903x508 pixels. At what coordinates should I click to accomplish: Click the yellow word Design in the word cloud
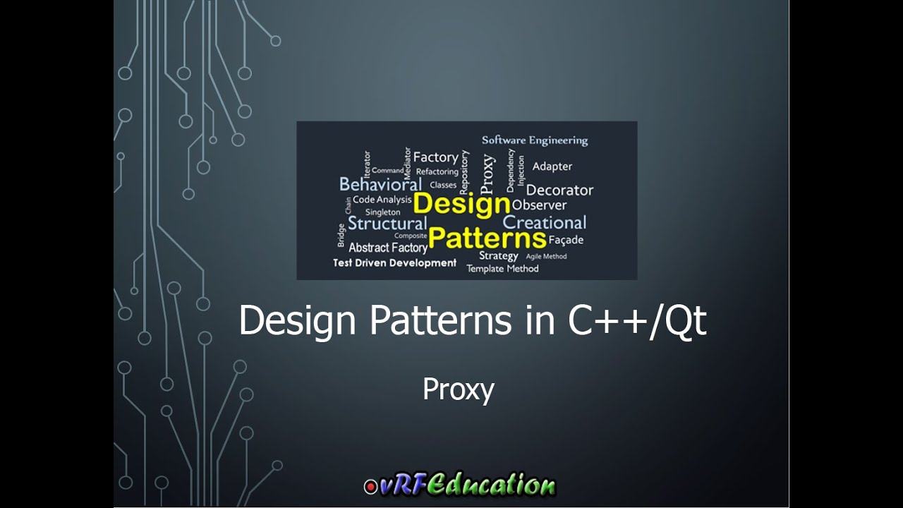[461, 204]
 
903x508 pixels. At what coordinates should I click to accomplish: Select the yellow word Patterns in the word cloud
[487, 238]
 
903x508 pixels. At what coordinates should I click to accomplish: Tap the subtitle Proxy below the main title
[458, 389]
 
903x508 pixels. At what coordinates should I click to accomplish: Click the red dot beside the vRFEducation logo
[370, 486]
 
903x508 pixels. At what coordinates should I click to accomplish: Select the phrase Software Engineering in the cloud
[534, 140]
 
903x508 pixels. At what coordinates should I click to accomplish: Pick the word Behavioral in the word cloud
[380, 185]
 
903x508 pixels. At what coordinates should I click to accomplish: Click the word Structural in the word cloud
[387, 224]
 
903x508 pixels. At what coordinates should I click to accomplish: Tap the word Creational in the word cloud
[544, 222]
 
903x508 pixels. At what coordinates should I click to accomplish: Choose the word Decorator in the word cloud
[559, 190]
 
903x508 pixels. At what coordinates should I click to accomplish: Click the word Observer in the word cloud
[539, 205]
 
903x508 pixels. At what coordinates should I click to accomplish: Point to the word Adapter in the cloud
[552, 167]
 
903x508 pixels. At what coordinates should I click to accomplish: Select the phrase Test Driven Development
[394, 262]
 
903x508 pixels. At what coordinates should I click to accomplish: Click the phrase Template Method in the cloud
[502, 269]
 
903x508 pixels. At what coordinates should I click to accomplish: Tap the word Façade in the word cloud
[566, 240]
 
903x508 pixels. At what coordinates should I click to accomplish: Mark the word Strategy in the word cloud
[498, 255]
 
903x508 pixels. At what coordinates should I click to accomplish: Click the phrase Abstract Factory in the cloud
[388, 248]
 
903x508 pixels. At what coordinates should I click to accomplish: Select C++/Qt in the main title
[637, 321]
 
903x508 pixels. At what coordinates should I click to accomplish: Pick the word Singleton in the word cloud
[382, 212]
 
